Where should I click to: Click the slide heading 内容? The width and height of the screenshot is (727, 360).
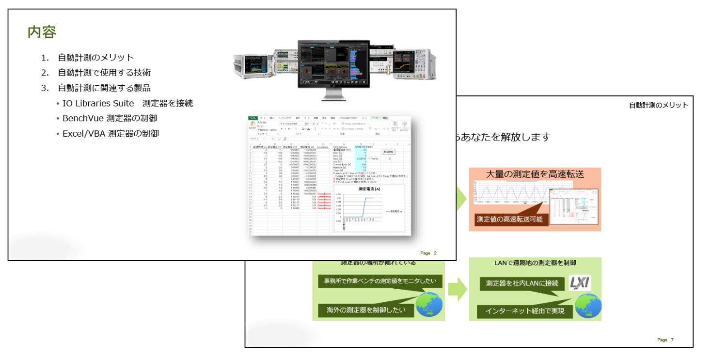tap(42, 32)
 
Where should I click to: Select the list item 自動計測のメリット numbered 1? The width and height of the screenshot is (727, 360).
tap(95, 58)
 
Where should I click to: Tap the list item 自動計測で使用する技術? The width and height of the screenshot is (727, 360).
tap(104, 73)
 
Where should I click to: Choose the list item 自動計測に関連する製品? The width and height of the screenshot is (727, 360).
tap(104, 88)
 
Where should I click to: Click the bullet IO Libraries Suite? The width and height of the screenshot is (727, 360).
tap(127, 103)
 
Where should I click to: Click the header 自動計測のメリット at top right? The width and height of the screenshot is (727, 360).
tap(658, 105)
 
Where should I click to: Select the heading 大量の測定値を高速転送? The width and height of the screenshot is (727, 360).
tap(535, 174)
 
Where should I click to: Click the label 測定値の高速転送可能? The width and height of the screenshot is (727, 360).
tap(510, 219)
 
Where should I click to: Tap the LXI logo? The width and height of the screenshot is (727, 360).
tap(579, 283)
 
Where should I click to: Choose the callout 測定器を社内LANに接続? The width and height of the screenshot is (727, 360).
tap(518, 283)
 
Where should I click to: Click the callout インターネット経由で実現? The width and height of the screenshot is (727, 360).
tap(524, 311)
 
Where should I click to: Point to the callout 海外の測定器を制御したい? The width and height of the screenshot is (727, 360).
tap(366, 310)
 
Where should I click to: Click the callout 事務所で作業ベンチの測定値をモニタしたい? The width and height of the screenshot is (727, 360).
tap(377, 282)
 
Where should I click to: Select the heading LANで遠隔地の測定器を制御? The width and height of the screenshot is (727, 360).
tap(535, 263)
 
